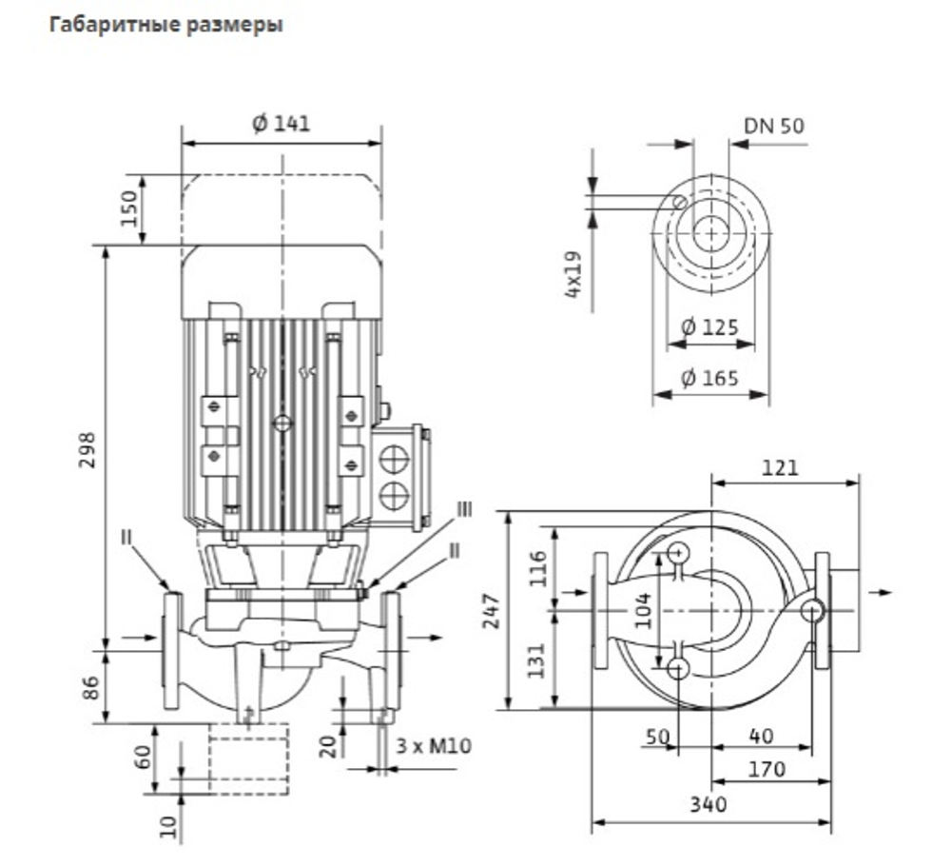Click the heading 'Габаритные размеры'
[x=165, y=26]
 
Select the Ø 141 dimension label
[x=281, y=124]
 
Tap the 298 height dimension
[x=87, y=450]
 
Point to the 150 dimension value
[x=129, y=208]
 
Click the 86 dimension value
[x=91, y=688]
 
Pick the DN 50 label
[x=774, y=126]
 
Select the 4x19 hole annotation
[x=573, y=274]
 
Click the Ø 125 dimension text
[x=709, y=327]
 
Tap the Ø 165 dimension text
[x=709, y=378]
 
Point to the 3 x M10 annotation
[x=434, y=745]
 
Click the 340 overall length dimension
[x=708, y=804]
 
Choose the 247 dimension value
[x=492, y=611]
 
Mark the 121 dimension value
[x=781, y=467]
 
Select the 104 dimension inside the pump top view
[x=645, y=610]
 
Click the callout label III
[x=465, y=509]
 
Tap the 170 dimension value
[x=767, y=770]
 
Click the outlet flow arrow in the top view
[x=881, y=592]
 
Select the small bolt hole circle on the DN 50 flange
[x=681, y=203]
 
